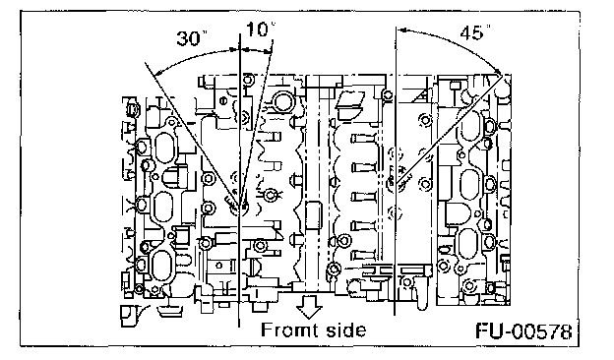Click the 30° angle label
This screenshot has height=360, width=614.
192,38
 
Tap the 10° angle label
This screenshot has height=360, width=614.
260,30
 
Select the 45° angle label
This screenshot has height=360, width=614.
475,32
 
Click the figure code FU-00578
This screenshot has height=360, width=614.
523,331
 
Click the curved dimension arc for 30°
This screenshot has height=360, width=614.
192,57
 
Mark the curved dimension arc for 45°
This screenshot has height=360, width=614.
455,42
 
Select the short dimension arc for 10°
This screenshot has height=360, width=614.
255,50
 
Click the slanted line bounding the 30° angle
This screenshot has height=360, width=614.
192,134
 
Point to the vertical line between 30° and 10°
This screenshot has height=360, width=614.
239,180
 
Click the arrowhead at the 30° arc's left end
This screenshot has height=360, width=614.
155,73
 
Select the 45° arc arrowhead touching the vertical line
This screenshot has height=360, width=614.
401,29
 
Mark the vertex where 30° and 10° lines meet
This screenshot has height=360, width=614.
239,207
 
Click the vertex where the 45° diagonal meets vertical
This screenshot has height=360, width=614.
396,184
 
